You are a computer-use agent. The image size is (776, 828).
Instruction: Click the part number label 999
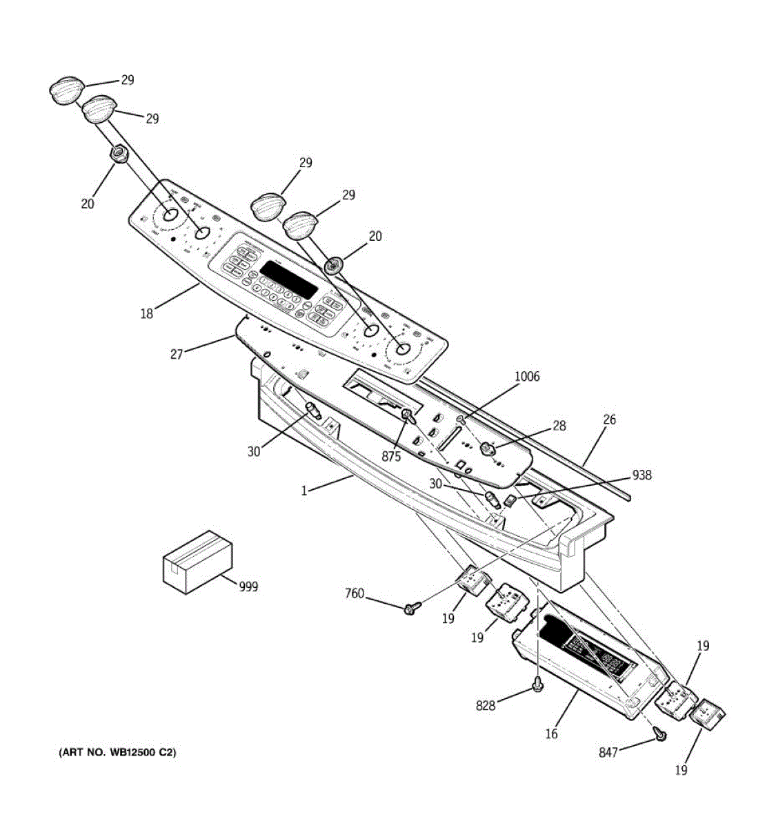pos(248,586)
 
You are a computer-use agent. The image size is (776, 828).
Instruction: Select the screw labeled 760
pos(412,608)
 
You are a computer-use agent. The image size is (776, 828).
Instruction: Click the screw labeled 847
pos(660,736)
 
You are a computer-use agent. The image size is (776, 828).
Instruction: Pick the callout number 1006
pos(527,377)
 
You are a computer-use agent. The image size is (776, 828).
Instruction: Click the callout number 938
pos(641,475)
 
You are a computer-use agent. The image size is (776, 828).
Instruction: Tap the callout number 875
pos(391,456)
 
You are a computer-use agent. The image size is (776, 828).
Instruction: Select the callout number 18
pos(146,314)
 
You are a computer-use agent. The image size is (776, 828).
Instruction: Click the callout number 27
pos(177,354)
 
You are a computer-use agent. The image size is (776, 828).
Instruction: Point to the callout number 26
pos(609,420)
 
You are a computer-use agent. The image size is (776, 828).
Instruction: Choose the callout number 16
pos(551,734)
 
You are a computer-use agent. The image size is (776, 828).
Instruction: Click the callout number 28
pos(559,426)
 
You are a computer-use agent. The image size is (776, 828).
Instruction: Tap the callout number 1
pos(304,491)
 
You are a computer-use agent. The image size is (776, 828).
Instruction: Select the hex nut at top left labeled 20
pos(118,153)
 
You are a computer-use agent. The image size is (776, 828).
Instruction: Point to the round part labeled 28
pos(488,449)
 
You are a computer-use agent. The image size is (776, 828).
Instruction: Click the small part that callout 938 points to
pos(510,500)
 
